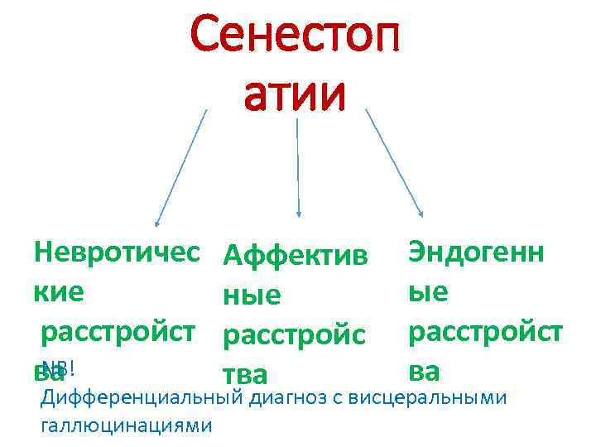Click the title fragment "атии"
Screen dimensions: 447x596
pos(295,95)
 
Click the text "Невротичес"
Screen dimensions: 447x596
pos(117,250)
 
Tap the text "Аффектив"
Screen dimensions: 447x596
pos(295,254)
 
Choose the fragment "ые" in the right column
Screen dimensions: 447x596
pos(428,291)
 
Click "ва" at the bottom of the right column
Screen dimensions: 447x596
pos(425,368)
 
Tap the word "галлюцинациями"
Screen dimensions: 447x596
pos(124,425)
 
